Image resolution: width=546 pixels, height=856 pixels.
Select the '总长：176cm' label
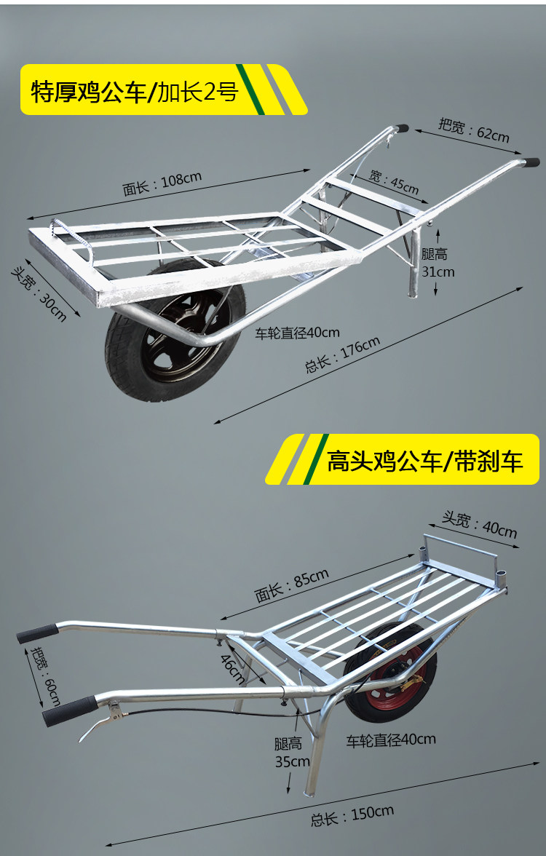pos(342,355)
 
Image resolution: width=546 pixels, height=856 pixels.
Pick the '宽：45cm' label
pos(394,181)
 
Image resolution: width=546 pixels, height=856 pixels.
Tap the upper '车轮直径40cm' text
pos(297,333)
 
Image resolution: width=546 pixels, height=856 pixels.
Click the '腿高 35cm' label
pos(292,753)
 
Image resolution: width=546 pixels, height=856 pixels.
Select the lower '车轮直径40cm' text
pos(391,740)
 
